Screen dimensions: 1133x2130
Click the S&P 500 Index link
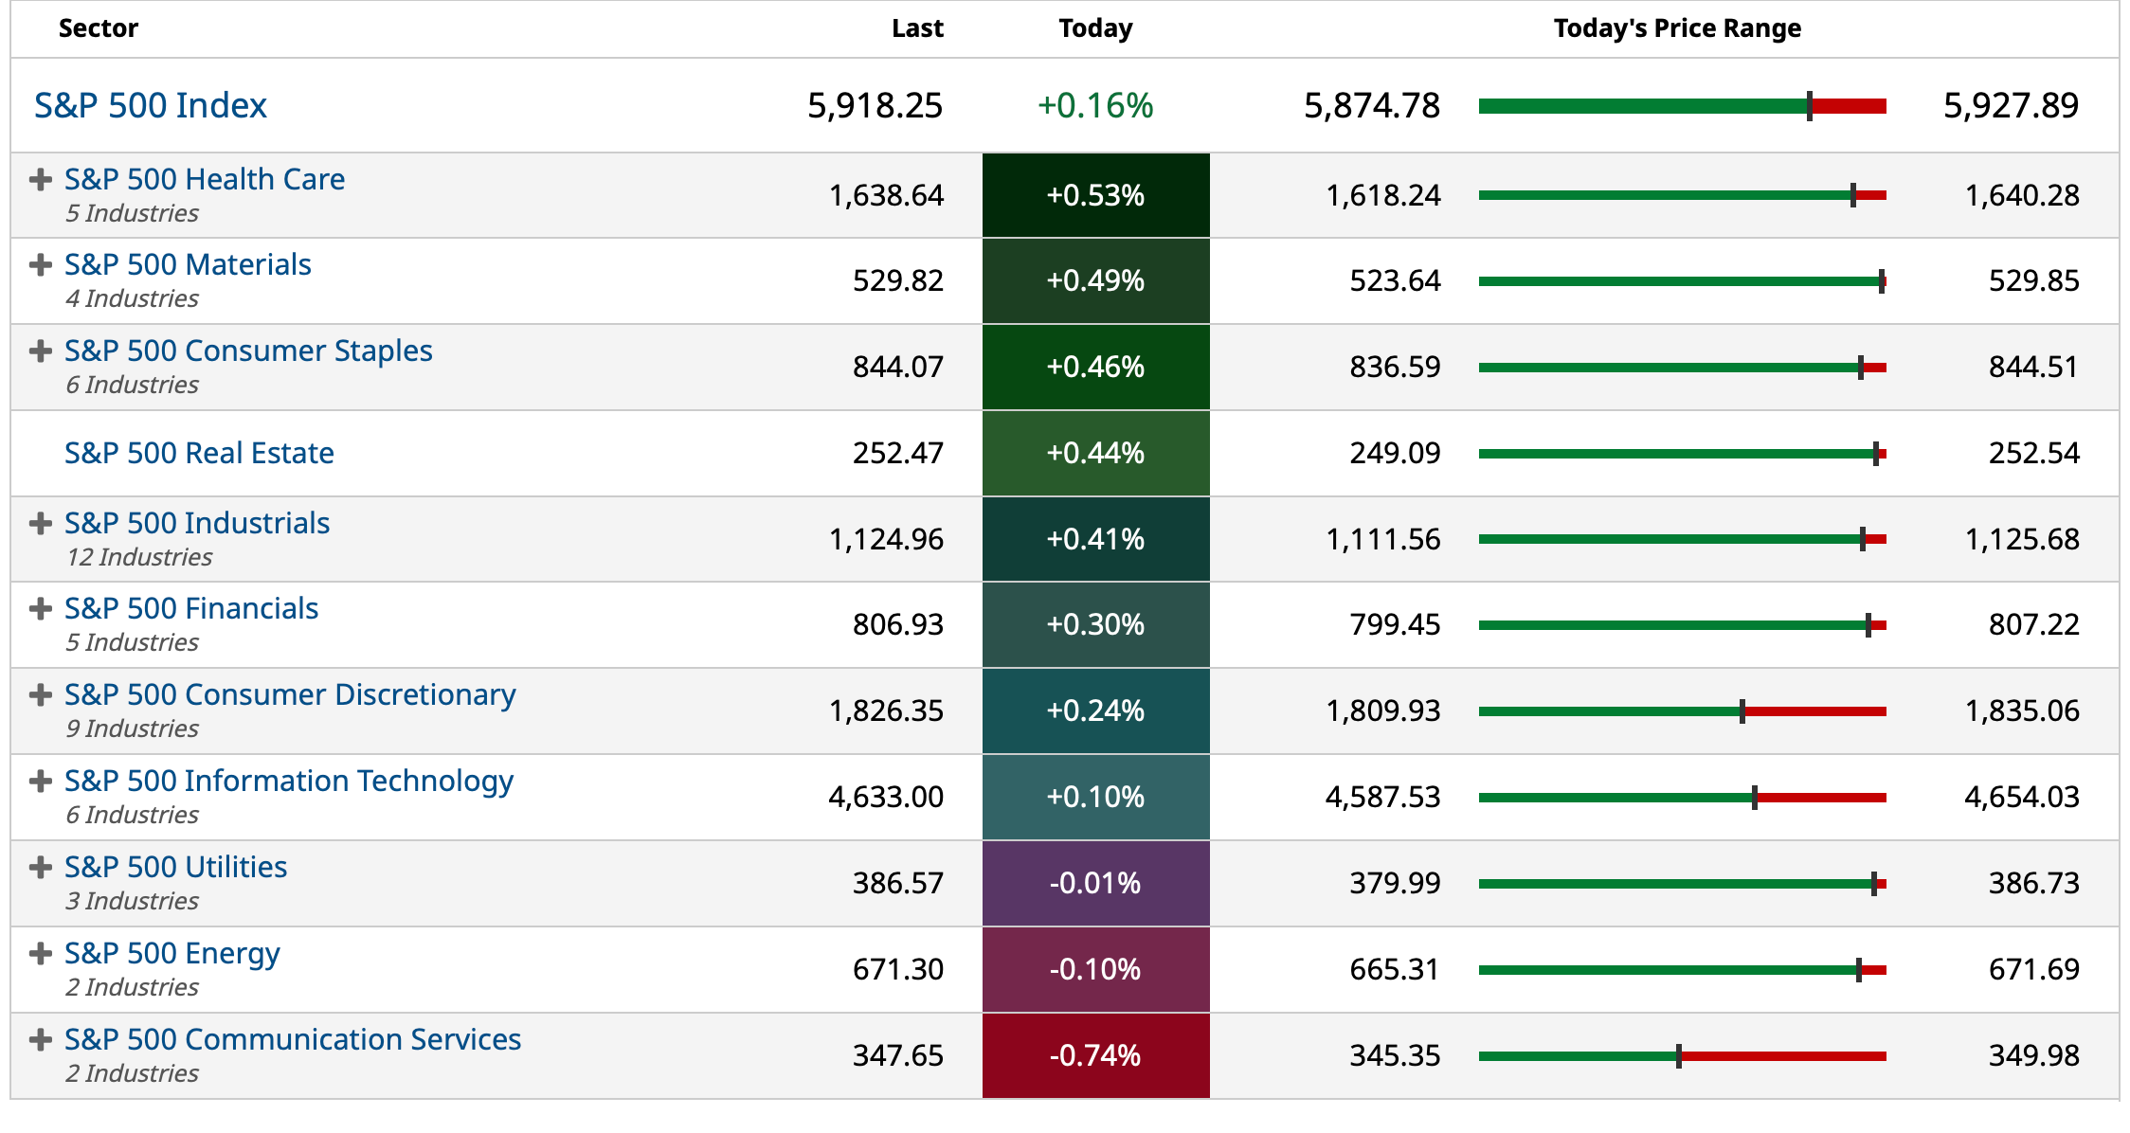[151, 105]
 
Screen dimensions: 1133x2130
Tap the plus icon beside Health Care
[40, 179]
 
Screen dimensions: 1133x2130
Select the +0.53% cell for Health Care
[1095, 195]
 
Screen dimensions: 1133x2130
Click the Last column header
[916, 28]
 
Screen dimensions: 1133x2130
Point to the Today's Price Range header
[1676, 28]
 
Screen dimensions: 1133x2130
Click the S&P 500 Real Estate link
[199, 453]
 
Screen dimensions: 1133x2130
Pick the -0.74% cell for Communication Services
[1095, 1055]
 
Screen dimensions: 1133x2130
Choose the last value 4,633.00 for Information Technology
[886, 797]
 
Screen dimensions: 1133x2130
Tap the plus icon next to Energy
[40, 953]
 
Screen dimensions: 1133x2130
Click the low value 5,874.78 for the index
[1371, 105]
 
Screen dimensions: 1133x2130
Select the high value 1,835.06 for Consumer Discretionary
[2021, 710]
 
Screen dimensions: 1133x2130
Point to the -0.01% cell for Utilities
[1095, 883]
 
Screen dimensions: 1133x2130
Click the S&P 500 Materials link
[188, 264]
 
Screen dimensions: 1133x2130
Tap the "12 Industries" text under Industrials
[139, 557]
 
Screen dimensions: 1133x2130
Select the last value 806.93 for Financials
[897, 624]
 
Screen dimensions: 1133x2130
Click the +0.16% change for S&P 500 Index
[1095, 105]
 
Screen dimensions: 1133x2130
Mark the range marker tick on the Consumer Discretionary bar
[1742, 711]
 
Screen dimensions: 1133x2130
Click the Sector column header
[98, 28]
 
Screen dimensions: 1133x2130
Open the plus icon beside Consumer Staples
[40, 351]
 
